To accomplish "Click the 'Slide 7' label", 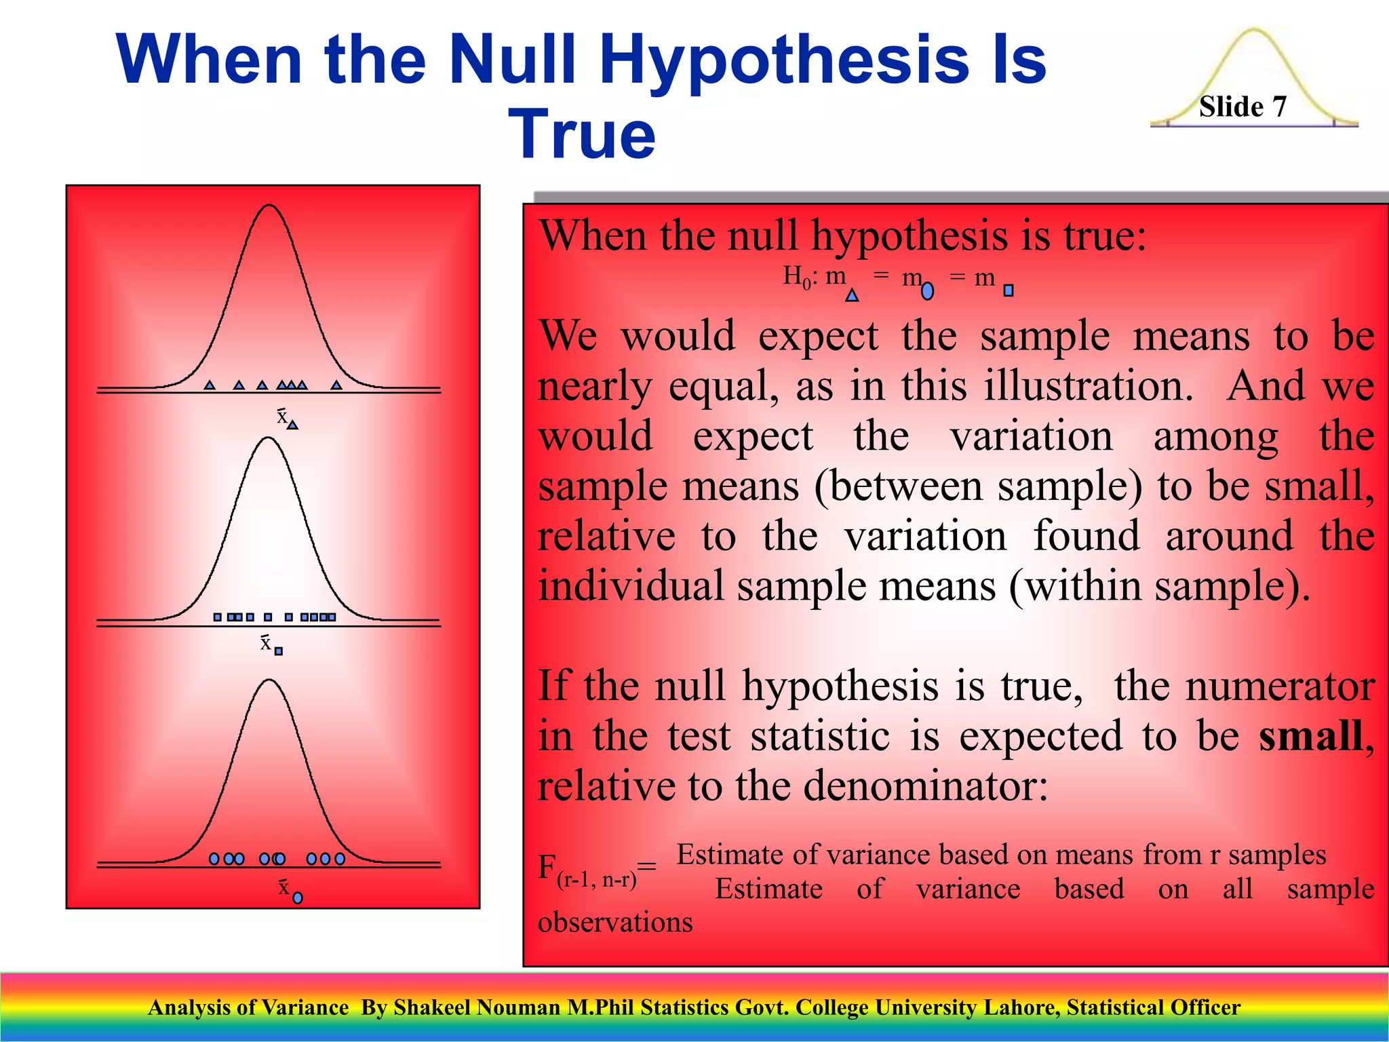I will pyautogui.click(x=1242, y=107).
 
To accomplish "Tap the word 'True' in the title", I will pyautogui.click(x=582, y=134).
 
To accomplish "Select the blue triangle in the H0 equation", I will pyautogui.click(x=852, y=295).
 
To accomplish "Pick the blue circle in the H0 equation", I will pyautogui.click(x=927, y=292).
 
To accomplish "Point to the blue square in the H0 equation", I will pyautogui.click(x=1008, y=290).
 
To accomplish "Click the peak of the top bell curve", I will pyautogui.click(x=269, y=205).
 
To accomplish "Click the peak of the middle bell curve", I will pyautogui.click(x=269, y=438).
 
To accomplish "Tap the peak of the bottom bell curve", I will pyautogui.click(x=269, y=680).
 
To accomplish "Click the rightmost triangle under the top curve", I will pyautogui.click(x=336, y=385).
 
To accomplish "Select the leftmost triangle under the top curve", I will pyautogui.click(x=210, y=385).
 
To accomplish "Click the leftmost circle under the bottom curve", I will pyautogui.click(x=214, y=859).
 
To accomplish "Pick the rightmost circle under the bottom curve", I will pyautogui.click(x=340, y=859).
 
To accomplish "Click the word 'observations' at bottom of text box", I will pyautogui.click(x=615, y=923).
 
